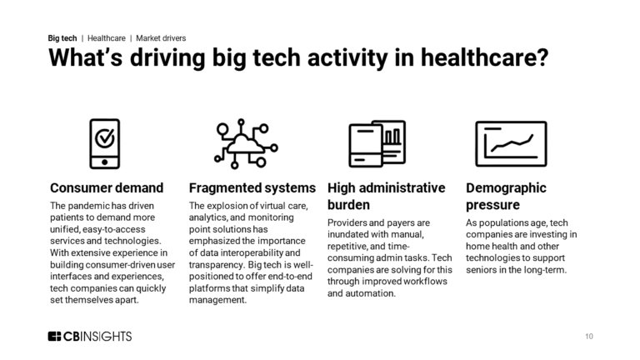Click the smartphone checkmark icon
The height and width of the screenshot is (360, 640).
[104, 143]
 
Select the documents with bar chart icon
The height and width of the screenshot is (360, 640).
[377, 143]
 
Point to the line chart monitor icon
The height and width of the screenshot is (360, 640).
[510, 143]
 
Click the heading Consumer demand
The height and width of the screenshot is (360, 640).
[107, 187]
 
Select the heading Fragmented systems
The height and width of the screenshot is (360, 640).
[252, 187]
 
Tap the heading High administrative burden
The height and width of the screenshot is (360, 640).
[387, 196]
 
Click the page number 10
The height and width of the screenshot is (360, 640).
[589, 337]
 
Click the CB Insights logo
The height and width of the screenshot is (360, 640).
[89, 336]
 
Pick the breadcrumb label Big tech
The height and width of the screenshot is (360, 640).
[62, 38]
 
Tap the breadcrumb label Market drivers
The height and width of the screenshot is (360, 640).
[161, 38]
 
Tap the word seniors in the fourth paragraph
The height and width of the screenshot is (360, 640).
[487, 270]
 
